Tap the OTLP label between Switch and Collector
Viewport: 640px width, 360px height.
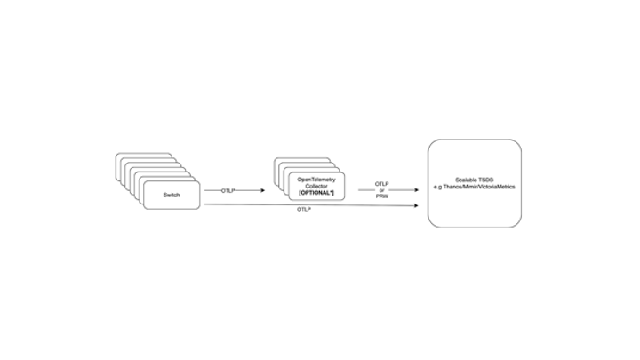(228, 190)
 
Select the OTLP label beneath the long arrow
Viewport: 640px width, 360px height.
(302, 211)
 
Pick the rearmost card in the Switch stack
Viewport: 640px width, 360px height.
(133, 156)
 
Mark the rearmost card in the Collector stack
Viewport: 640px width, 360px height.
(293, 162)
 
